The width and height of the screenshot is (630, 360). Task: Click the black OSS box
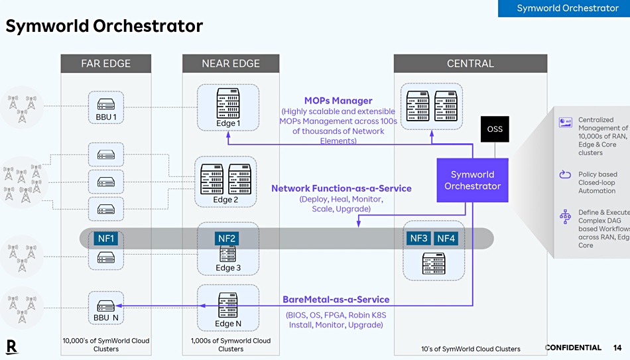(x=495, y=129)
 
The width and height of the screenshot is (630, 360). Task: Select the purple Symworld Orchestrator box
(x=472, y=180)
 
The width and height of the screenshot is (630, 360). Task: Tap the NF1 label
(x=106, y=239)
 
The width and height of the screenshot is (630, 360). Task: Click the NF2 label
(x=227, y=239)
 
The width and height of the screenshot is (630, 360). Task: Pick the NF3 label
(x=418, y=238)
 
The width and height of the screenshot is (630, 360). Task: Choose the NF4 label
(x=446, y=238)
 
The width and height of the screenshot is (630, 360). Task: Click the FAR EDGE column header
(x=106, y=64)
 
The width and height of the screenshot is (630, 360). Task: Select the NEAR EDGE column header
(x=231, y=64)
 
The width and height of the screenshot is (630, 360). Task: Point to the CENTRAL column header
(x=470, y=64)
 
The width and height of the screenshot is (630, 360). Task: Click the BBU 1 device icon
(x=106, y=104)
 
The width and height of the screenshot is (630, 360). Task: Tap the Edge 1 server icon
(x=228, y=103)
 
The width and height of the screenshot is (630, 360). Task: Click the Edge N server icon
(x=228, y=305)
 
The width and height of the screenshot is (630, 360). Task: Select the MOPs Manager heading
(x=338, y=101)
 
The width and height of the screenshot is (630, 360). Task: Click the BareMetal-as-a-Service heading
(x=336, y=299)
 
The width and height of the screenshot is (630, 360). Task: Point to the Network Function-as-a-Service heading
(x=342, y=188)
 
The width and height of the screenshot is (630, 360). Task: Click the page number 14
(x=617, y=347)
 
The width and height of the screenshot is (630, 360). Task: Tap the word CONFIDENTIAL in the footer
(x=573, y=347)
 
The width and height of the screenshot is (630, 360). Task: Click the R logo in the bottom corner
(x=12, y=347)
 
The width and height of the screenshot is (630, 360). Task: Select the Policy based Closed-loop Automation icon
(x=565, y=174)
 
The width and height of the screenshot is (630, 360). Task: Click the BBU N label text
(x=106, y=318)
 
